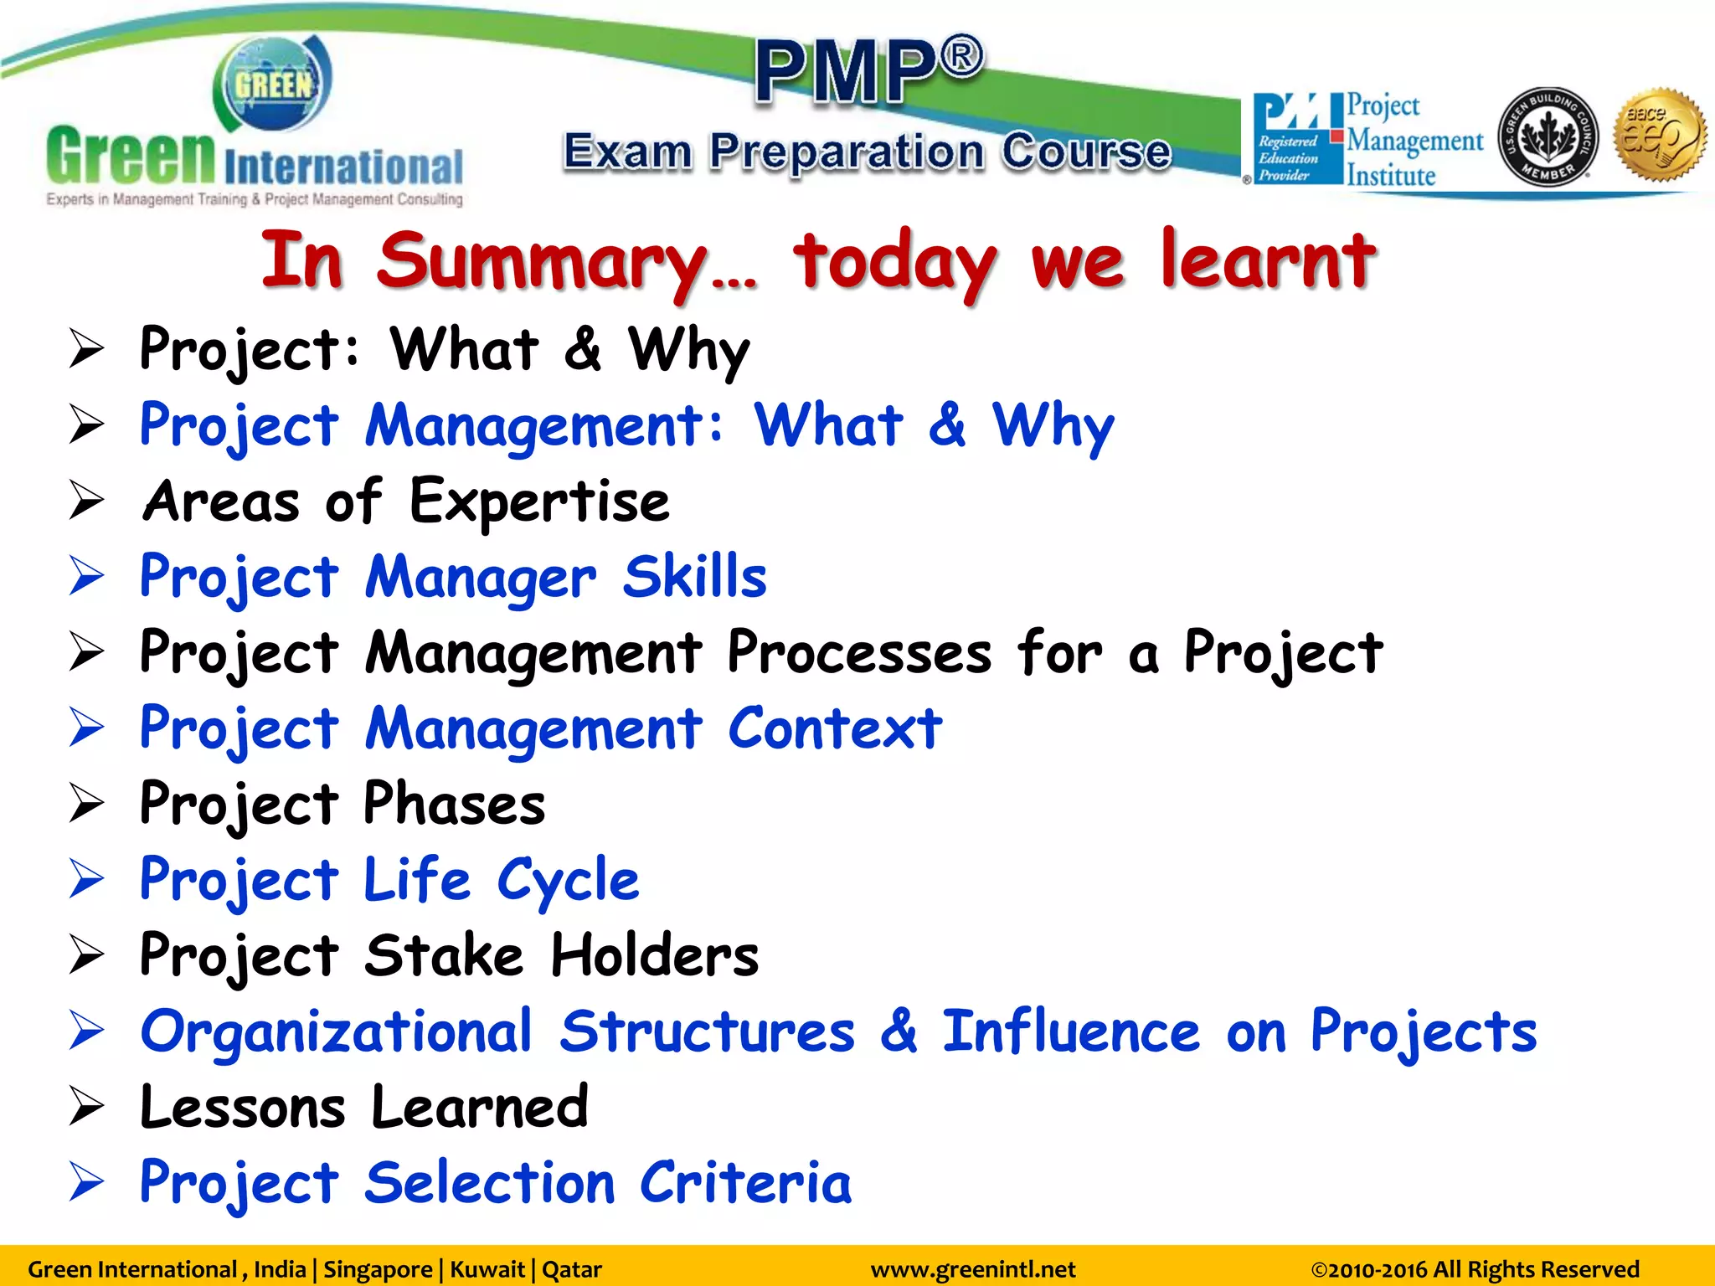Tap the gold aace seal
(1660, 135)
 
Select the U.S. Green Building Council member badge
(1548, 136)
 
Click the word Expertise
(540, 501)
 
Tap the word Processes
(859, 652)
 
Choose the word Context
(835, 728)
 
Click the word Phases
(454, 804)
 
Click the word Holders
(655, 955)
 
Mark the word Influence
(1072, 1031)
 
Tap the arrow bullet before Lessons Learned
(86, 1107)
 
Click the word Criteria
(745, 1182)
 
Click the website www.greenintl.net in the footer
(973, 1269)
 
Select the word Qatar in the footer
(572, 1269)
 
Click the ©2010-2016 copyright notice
(1475, 1269)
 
